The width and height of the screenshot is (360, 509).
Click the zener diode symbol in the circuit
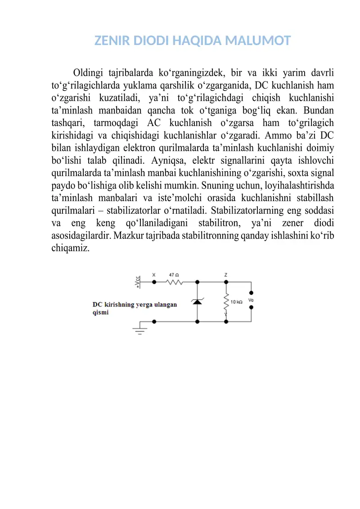tap(197, 301)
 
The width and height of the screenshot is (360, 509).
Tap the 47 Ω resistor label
tap(174, 274)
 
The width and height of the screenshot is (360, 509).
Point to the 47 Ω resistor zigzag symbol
tap(174, 283)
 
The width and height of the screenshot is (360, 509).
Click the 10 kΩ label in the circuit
tap(237, 302)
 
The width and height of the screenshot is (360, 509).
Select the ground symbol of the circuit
tap(140, 331)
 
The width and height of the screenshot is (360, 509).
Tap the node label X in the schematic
tap(154, 274)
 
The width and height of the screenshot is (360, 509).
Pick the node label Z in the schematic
tap(226, 274)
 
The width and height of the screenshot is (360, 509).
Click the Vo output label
tap(251, 300)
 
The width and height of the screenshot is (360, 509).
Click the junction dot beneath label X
tap(154, 282)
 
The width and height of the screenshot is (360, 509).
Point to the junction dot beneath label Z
tap(226, 282)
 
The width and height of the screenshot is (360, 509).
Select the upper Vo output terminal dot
tap(252, 292)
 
